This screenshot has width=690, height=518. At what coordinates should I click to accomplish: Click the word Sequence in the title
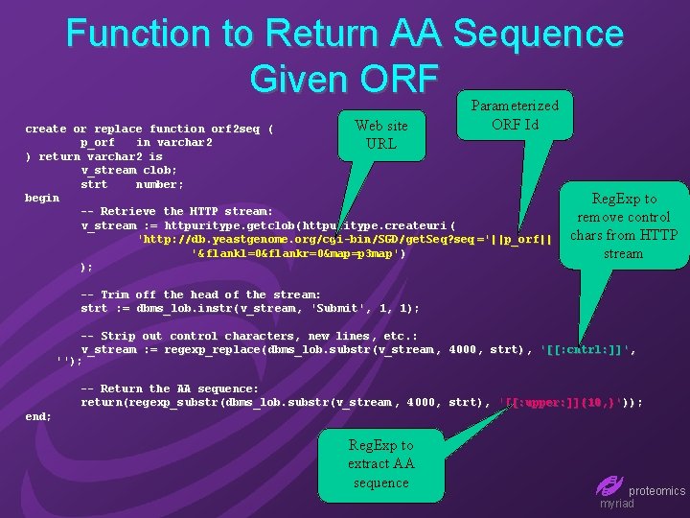[x=539, y=35]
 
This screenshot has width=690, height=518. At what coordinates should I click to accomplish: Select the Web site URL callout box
[x=381, y=135]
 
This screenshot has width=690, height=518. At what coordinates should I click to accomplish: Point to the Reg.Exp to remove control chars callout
[x=624, y=226]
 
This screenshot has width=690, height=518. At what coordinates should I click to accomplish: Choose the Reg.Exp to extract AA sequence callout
[x=380, y=464]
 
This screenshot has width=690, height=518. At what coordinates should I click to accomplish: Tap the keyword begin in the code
[x=42, y=198]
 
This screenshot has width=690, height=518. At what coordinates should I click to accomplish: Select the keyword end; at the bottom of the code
[x=38, y=416]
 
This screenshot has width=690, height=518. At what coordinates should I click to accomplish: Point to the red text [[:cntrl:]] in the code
[x=586, y=349]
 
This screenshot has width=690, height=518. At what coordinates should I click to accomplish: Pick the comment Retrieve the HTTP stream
[x=177, y=211]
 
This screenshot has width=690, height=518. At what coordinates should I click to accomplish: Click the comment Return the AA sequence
[x=170, y=388]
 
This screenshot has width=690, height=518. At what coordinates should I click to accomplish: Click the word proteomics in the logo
[x=656, y=490]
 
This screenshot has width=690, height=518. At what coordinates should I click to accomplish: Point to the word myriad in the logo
[x=616, y=504]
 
